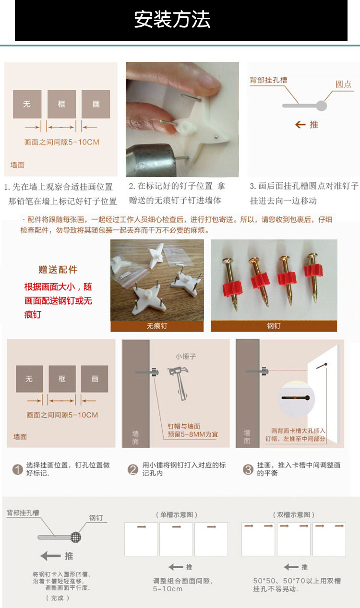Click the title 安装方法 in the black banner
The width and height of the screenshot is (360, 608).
click(172, 20)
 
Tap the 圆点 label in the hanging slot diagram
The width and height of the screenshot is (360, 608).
click(343, 84)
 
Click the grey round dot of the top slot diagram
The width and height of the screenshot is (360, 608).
click(322, 106)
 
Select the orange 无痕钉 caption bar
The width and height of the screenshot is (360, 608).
click(157, 326)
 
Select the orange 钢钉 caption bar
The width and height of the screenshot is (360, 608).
click(274, 326)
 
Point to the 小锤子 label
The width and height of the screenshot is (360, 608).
click(186, 357)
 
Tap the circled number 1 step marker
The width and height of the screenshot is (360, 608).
click(18, 469)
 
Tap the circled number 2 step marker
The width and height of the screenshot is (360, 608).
click(133, 469)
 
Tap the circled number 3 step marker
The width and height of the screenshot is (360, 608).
click(248, 469)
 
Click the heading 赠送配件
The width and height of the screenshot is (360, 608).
click(58, 270)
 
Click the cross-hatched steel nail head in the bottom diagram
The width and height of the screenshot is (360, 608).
click(76, 537)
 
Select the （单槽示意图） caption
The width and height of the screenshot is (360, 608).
click(177, 514)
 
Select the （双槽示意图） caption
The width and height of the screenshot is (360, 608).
click(293, 514)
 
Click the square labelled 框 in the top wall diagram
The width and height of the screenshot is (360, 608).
click(61, 104)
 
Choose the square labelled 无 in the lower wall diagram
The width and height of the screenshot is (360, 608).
click(29, 379)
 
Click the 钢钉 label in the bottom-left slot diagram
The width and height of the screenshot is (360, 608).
click(96, 518)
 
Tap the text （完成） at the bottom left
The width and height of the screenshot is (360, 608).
click(57, 598)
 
